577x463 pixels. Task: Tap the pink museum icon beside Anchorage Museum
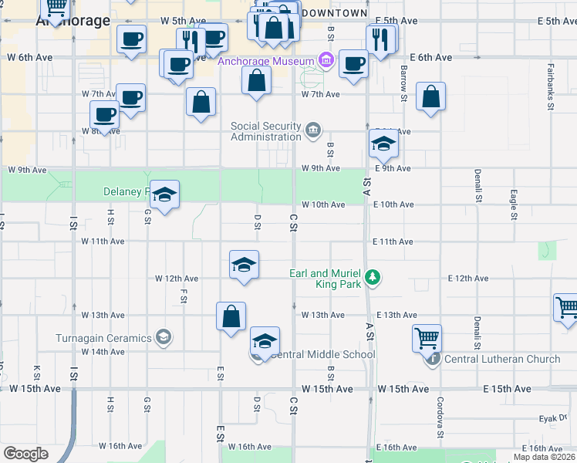coord(326,60)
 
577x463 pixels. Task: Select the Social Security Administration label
coord(266,131)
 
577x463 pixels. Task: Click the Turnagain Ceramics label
coord(103,338)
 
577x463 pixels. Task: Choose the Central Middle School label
coord(323,355)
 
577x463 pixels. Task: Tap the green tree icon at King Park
coord(373,277)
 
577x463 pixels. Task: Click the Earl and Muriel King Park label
coord(325,279)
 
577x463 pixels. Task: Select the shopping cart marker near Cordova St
coord(427,338)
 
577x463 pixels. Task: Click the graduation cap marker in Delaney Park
coord(164,194)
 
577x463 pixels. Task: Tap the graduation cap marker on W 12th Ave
coord(244,265)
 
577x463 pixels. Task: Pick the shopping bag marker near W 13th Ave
coord(231,316)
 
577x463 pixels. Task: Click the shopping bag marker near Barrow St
coord(431,97)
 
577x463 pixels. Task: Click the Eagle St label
coord(512,205)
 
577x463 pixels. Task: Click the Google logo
coord(26,454)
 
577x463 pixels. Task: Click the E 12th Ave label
coord(467,279)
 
